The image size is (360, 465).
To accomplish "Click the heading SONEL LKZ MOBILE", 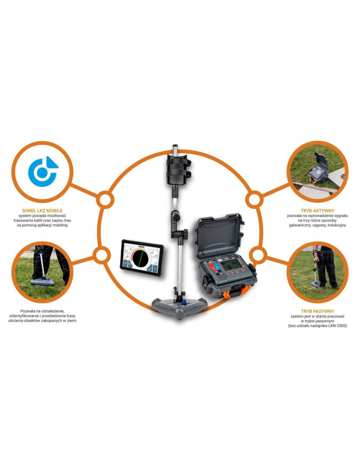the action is [43, 211].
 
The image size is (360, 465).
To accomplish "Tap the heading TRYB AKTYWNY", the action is [317, 211].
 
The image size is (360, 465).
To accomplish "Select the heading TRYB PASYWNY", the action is [317, 311].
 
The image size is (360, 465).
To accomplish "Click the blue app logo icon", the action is [43, 171].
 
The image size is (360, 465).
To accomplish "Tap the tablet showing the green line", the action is [141, 258].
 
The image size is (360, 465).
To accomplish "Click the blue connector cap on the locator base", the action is [184, 302].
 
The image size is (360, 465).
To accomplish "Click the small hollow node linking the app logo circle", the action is [105, 199].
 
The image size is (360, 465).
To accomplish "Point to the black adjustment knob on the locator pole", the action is [186, 232].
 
